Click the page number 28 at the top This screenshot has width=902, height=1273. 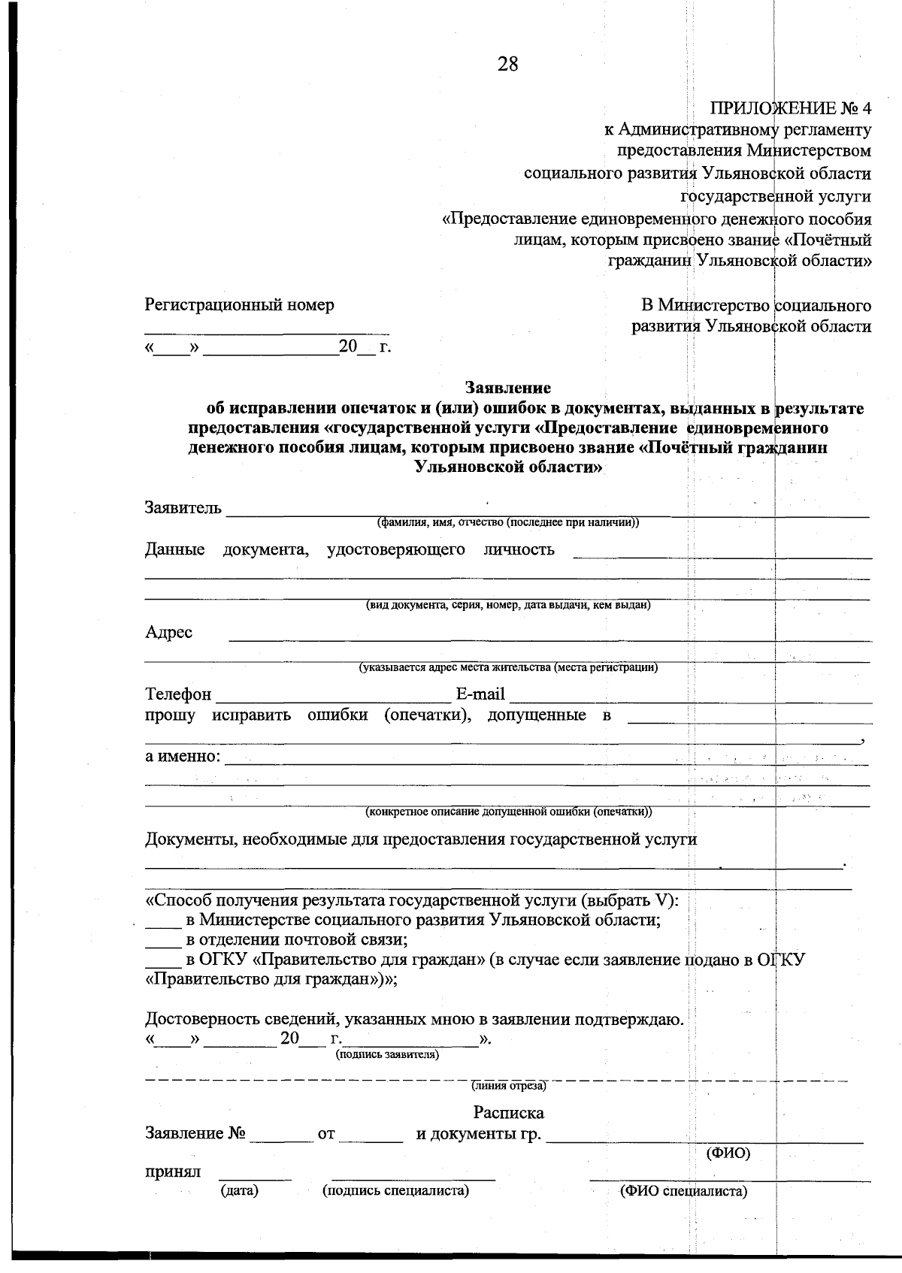507,65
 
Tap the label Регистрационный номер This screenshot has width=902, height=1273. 239,305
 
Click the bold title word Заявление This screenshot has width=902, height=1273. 508,389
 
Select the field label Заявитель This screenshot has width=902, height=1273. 183,508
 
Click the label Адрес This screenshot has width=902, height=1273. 168,633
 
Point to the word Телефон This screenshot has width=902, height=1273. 178,694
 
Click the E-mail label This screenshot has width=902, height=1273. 480,694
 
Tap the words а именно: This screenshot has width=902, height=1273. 183,756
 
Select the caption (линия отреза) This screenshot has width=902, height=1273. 508,1086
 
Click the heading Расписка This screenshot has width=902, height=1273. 508,1113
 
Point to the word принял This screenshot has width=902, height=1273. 173,1172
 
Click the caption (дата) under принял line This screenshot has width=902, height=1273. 239,1191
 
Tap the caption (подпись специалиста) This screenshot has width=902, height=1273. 395,1191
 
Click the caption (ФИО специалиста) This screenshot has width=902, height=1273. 683,1192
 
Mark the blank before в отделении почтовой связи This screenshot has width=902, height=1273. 159,940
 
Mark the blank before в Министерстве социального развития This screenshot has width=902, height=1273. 159,921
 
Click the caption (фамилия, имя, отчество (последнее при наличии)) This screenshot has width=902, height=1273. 508,522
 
